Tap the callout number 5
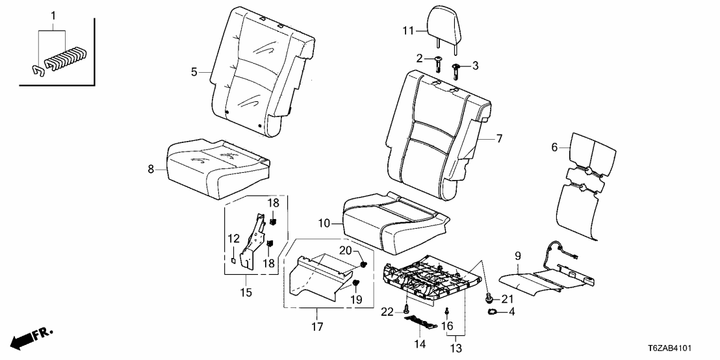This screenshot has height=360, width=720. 194,73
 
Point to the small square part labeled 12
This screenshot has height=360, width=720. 232,261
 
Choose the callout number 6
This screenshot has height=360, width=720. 554,148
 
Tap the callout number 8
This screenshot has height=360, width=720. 151,169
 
